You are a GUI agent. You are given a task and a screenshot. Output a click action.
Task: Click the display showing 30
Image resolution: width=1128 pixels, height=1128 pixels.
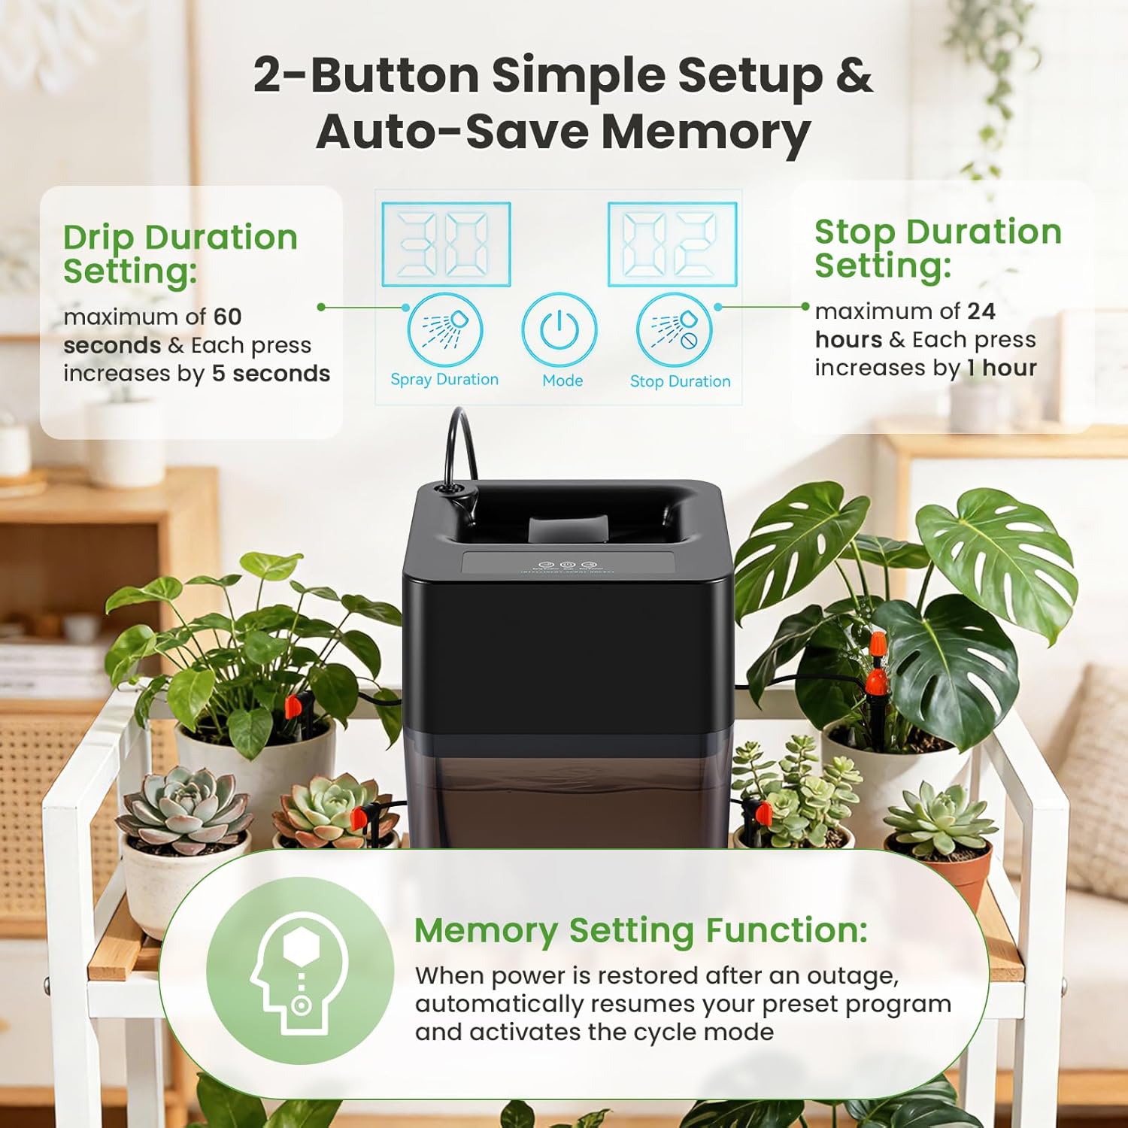(446, 244)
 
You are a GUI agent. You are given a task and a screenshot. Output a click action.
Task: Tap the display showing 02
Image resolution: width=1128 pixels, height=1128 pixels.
(672, 244)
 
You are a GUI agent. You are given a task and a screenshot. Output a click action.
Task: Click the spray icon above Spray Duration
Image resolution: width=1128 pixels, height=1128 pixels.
(445, 330)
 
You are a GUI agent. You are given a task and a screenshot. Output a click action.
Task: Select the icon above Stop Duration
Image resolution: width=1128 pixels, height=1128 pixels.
(674, 330)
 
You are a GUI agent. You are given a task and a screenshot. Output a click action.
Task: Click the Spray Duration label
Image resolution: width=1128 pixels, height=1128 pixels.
(444, 380)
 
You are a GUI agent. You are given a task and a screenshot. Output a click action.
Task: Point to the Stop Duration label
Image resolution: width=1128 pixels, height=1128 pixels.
(680, 381)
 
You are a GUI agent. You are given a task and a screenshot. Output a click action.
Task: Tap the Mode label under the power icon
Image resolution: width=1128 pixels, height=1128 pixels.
(562, 381)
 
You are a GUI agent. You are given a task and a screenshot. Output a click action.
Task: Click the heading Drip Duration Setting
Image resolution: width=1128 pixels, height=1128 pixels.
(180, 253)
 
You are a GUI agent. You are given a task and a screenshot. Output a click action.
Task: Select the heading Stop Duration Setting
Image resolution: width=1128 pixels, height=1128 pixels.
(937, 248)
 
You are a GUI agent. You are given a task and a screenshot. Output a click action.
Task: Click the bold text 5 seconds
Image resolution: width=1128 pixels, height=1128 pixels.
(271, 374)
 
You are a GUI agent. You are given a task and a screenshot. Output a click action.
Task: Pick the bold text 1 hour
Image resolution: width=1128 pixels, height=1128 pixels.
(1002, 368)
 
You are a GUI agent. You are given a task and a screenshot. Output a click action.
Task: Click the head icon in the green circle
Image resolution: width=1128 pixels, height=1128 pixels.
(300, 971)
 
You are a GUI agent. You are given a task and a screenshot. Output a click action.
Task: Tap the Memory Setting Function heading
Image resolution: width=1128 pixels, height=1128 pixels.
(641, 930)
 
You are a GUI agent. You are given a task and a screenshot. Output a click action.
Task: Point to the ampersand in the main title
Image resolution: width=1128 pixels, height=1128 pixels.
(854, 75)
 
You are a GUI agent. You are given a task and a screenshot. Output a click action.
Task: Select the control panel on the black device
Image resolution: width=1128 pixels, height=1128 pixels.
(568, 565)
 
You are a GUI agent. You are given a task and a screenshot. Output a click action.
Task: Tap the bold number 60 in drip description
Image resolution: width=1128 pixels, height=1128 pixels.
(227, 317)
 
